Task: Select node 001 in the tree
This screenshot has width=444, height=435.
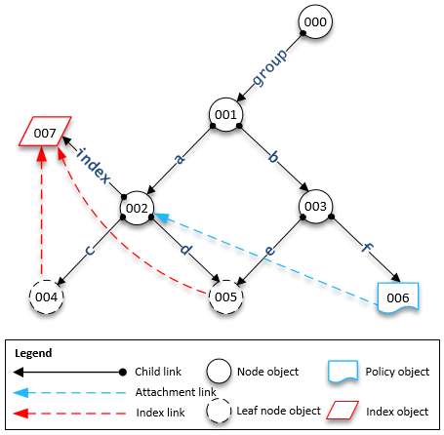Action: point(226,116)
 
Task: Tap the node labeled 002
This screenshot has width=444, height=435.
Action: point(137,207)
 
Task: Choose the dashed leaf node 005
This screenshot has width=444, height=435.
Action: point(226,296)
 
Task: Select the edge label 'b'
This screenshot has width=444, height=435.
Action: point(274,157)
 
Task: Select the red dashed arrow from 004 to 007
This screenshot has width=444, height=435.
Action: point(40,215)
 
